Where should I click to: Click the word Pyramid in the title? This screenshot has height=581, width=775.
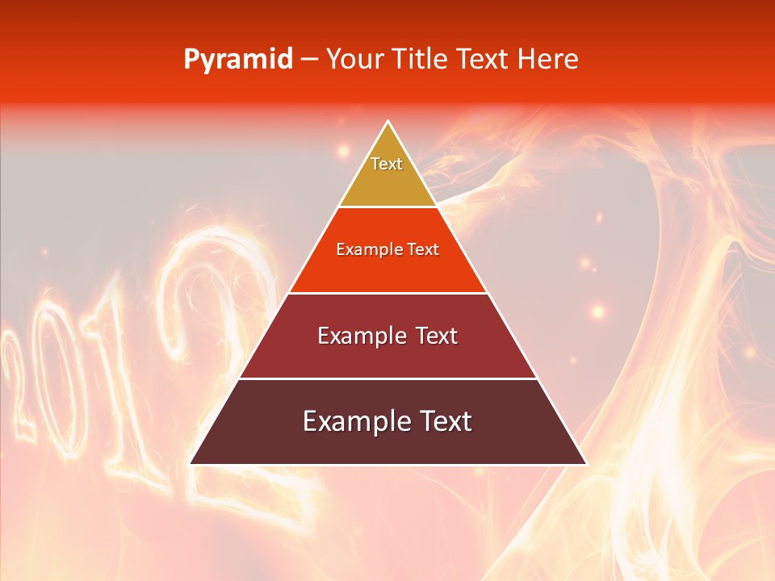[238, 60]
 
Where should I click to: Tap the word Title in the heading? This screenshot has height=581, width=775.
[421, 59]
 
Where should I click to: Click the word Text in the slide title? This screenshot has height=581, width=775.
[484, 59]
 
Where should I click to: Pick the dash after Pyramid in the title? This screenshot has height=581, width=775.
[309, 61]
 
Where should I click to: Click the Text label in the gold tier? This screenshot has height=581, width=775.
[387, 164]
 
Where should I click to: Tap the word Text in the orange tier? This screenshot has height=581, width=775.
[424, 249]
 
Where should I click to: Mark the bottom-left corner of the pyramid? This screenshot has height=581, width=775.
[191, 463]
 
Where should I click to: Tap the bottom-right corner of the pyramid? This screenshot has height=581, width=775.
[585, 463]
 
